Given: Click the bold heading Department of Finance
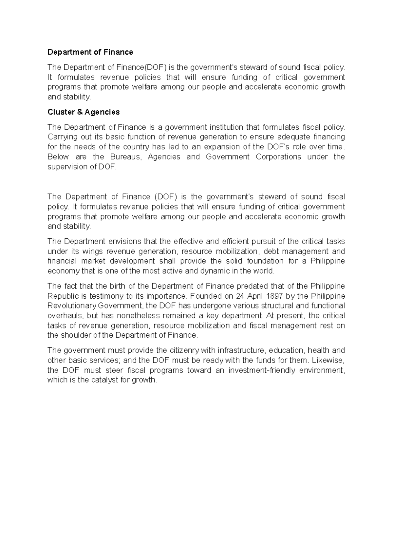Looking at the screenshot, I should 90,52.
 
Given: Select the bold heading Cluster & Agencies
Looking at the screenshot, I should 84,112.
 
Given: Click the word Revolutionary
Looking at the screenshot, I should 67,306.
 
